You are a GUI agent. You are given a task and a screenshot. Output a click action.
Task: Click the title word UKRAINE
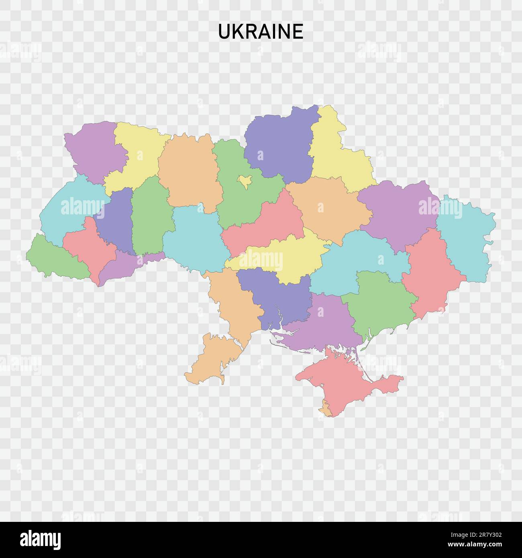click(261, 32)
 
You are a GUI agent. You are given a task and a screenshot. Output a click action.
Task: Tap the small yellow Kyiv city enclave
click(244, 181)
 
